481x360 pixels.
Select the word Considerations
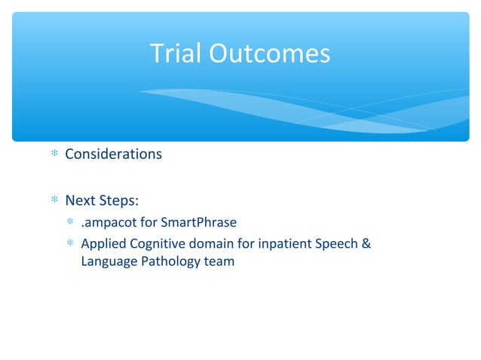point(113,154)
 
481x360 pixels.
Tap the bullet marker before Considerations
point(53,155)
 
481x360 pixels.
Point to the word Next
point(80,201)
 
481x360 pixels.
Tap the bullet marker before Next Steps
point(53,202)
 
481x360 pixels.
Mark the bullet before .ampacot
point(70,224)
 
